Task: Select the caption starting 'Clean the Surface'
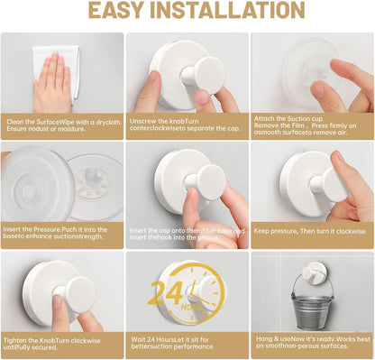pyautogui.click(x=62, y=125)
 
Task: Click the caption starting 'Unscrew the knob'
pyautogui.click(x=187, y=125)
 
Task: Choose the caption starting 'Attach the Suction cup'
pyautogui.click(x=311, y=125)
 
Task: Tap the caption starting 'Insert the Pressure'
pyautogui.click(x=62, y=235)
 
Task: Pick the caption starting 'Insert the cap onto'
pyautogui.click(x=187, y=235)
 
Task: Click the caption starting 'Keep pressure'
pyautogui.click(x=311, y=230)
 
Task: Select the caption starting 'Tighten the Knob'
pyautogui.click(x=62, y=344)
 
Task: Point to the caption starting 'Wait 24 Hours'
pyautogui.click(x=187, y=344)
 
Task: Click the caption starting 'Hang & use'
pyautogui.click(x=311, y=344)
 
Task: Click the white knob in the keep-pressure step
pyautogui.click(x=329, y=183)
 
